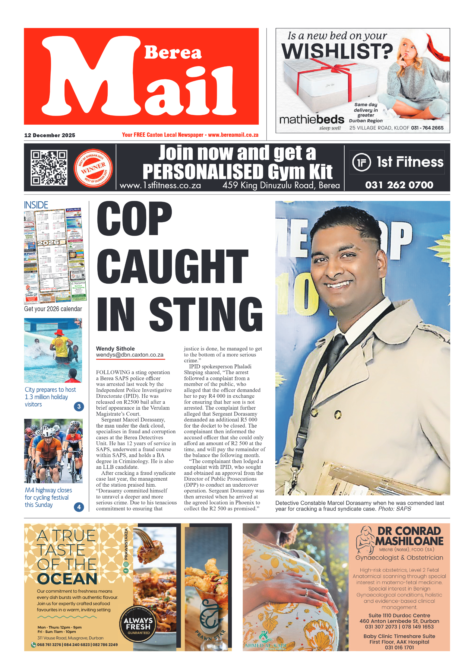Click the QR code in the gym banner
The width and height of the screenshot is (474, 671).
coord(49,167)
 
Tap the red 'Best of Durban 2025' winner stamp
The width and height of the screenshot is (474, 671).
coord(93,168)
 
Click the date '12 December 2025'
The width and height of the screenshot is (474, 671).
coord(50,135)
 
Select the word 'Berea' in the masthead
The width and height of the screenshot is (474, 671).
coord(173,52)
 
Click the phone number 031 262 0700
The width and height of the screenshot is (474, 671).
coord(399,185)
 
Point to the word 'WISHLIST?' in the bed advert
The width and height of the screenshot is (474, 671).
coord(337,51)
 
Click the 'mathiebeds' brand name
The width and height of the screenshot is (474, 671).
coord(311,120)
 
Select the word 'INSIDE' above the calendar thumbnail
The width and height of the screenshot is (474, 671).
coord(36,205)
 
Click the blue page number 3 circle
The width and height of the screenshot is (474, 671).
coord(79,406)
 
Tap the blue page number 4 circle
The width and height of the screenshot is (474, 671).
coord(79,507)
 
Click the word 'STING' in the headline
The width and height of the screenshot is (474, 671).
coord(206,314)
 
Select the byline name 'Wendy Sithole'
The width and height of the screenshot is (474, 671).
coord(115,348)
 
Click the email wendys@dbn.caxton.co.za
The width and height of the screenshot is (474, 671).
coord(130,355)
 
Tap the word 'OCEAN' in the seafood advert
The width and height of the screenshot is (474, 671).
coord(67,579)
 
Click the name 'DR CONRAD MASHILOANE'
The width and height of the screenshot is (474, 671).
coord(409,536)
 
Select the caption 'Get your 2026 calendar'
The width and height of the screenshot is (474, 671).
coord(53,309)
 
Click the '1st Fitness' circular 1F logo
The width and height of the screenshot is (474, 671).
coord(361,162)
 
